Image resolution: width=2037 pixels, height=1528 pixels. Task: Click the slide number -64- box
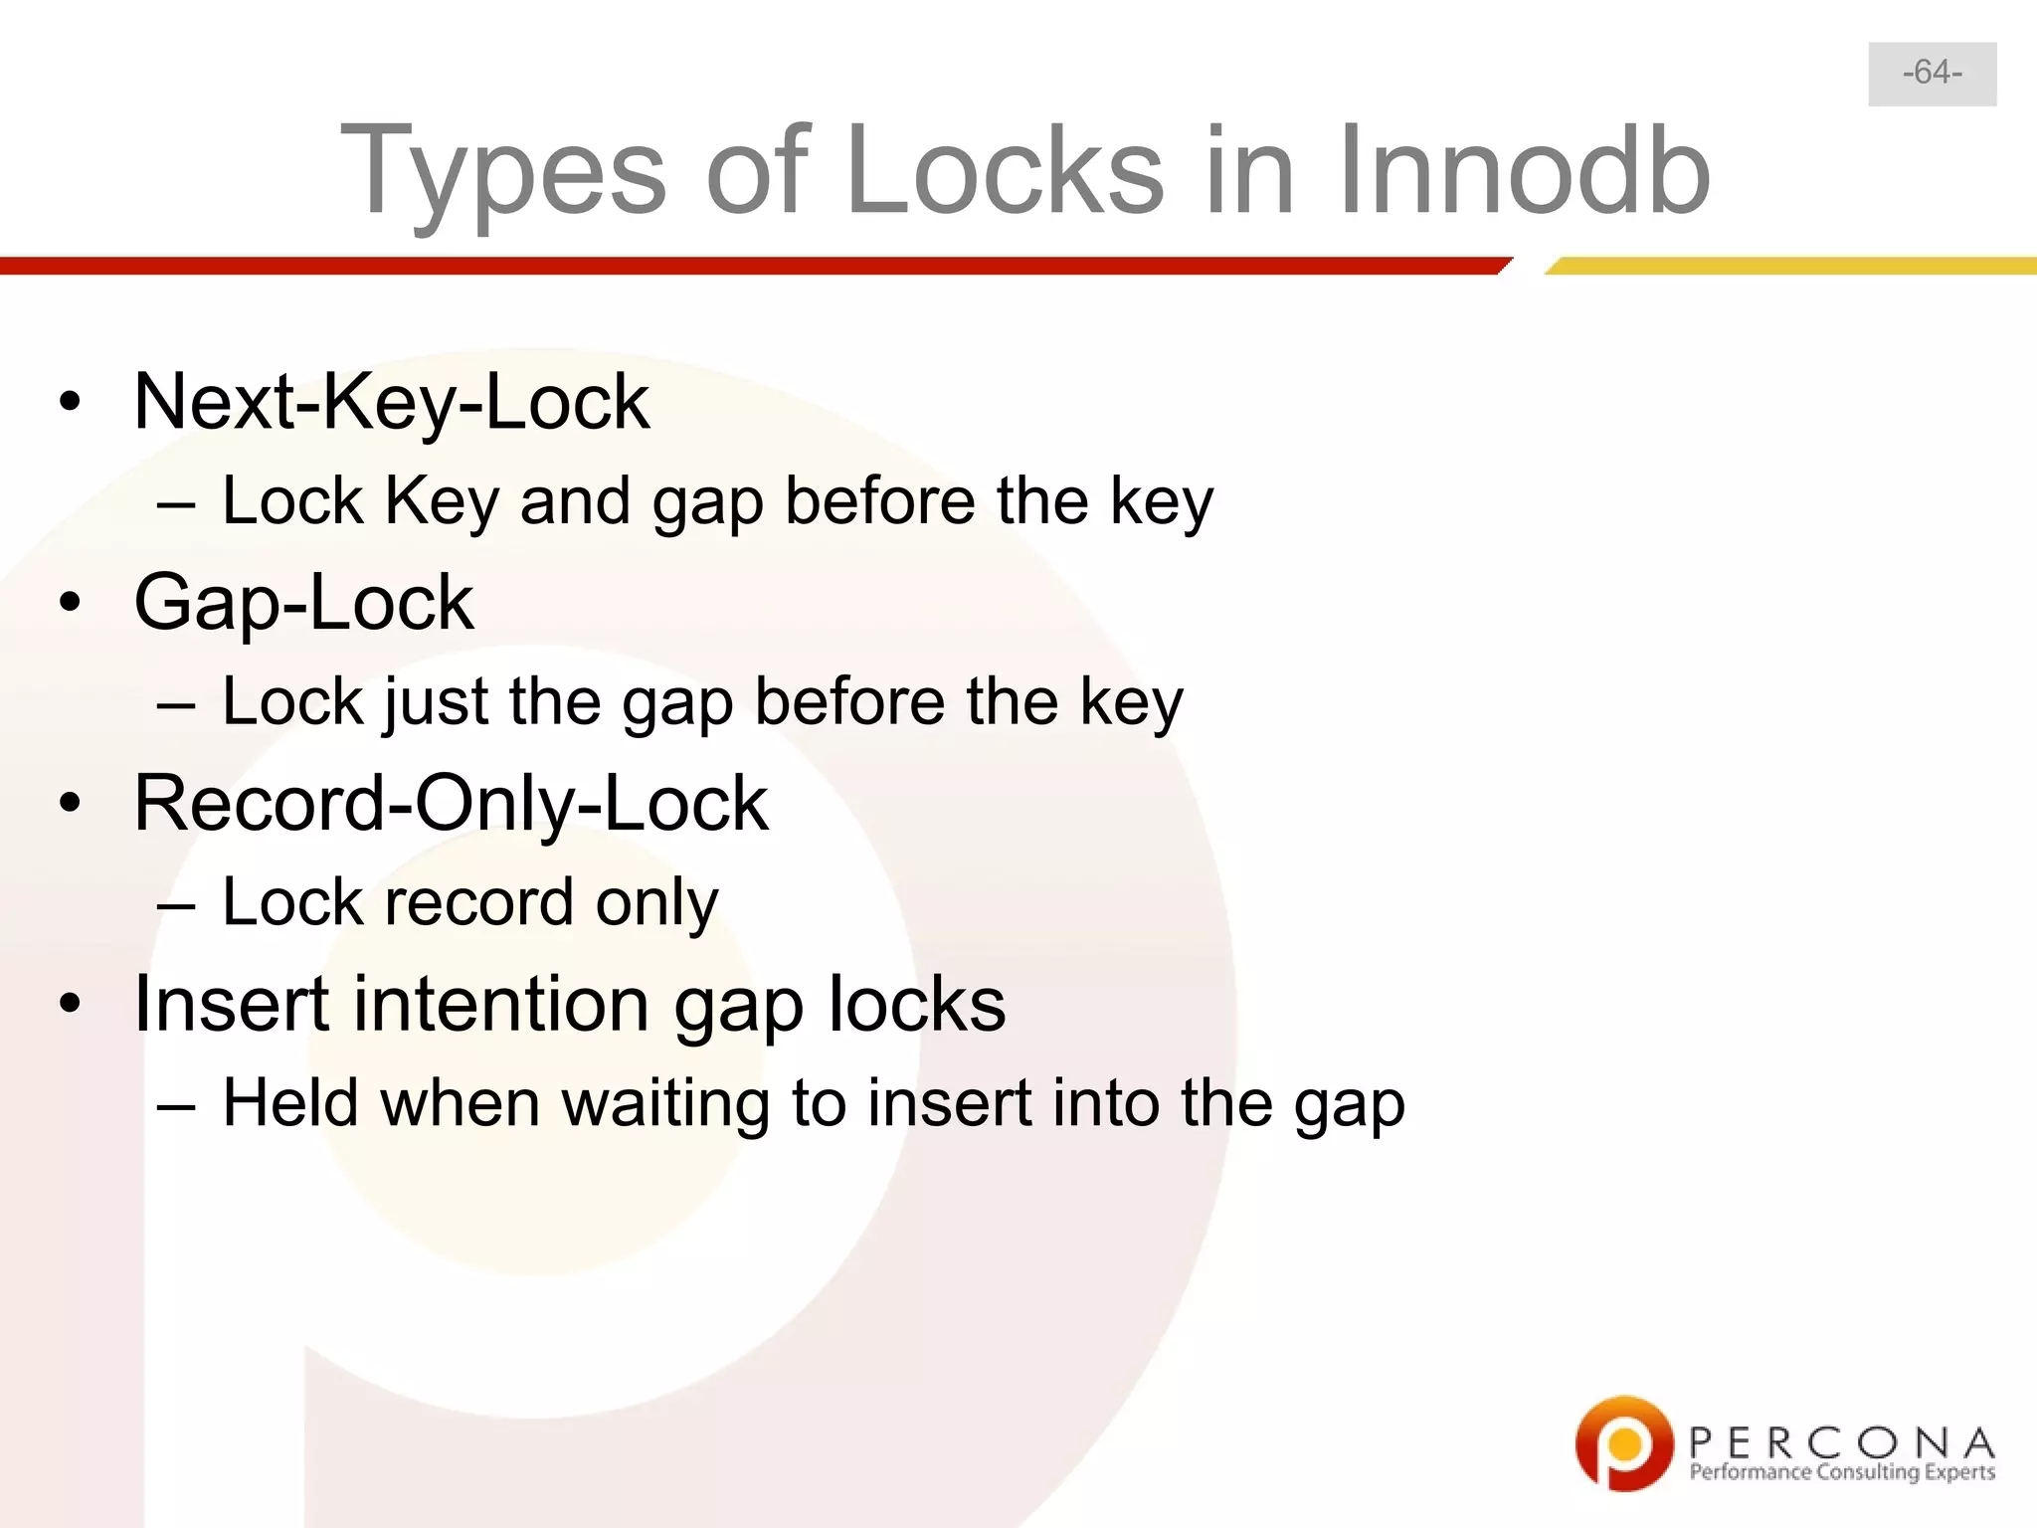(1932, 74)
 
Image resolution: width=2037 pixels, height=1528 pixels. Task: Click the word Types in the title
(503, 171)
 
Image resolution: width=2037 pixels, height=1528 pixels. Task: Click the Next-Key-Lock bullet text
(391, 402)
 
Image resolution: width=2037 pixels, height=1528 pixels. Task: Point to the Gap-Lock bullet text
(303, 603)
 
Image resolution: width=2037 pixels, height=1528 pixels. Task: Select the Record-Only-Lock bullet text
(451, 804)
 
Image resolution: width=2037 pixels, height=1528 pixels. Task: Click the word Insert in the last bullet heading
(232, 1004)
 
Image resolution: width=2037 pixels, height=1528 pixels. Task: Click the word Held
(289, 1103)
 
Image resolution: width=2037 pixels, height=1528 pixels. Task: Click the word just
(437, 702)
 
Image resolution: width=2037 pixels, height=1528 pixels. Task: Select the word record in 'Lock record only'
(478, 903)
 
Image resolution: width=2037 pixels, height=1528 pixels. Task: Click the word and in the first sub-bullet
(575, 500)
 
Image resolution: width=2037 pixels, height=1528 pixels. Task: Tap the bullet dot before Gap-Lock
(69, 603)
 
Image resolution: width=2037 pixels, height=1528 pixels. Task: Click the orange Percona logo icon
(1622, 1442)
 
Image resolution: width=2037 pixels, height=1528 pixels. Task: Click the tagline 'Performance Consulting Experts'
(1841, 1472)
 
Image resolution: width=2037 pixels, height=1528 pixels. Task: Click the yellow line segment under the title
(1790, 266)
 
